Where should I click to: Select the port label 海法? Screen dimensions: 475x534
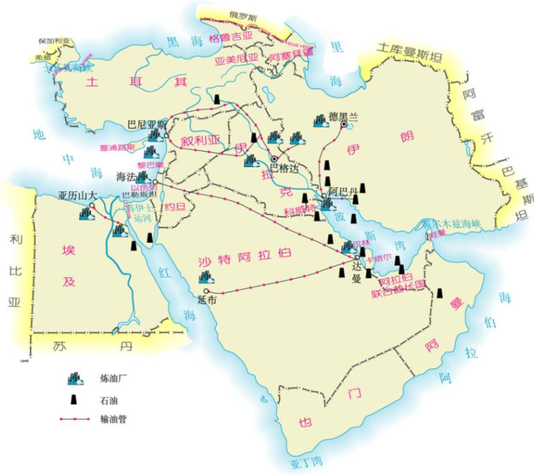123,177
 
